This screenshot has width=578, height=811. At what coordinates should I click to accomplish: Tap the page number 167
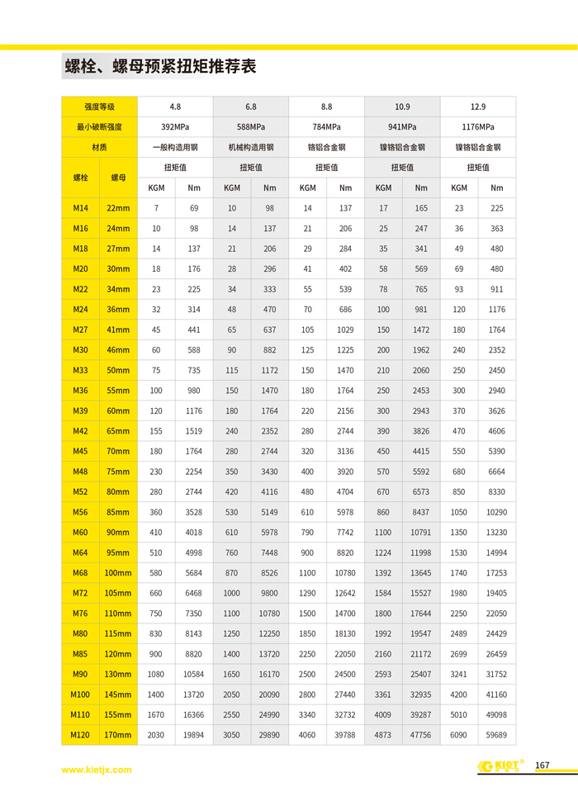pos(542,766)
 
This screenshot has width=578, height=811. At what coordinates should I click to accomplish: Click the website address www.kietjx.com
pos(97,770)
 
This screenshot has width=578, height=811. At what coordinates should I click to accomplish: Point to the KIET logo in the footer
pos(500,766)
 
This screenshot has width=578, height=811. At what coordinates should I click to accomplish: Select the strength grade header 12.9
pos(478,107)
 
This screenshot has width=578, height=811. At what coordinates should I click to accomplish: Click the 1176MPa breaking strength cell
pos(478,127)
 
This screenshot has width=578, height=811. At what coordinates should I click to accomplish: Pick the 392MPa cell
pos(175,127)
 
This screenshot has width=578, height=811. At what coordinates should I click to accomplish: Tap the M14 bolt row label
pos(80,208)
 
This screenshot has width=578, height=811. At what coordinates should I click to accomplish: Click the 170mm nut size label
pos(118,734)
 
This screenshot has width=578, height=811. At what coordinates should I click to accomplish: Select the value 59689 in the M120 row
pos(496,734)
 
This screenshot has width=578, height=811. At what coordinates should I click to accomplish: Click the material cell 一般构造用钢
pos(175,148)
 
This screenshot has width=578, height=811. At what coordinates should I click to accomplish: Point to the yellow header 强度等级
pos(99,107)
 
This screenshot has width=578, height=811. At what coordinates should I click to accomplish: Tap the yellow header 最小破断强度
pos(99,127)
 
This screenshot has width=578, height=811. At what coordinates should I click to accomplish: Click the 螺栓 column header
pos(80,178)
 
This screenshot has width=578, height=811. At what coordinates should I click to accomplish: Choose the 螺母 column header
pos(118,178)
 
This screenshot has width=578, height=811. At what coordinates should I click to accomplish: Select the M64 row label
pos(80,553)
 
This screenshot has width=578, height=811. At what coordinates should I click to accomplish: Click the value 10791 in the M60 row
pos(421,533)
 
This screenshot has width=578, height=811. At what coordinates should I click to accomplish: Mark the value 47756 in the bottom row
pos(421,734)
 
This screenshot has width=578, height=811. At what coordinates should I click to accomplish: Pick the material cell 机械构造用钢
pos(251,148)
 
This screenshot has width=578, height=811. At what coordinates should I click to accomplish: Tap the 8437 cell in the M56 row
pos(421,512)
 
